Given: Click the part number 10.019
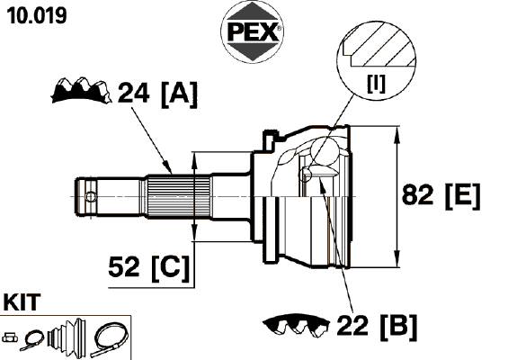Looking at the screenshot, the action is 37,15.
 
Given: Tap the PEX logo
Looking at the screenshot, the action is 252,32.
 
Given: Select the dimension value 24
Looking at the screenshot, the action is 133,93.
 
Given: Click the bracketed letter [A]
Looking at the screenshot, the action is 179,94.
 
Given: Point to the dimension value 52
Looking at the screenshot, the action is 124,266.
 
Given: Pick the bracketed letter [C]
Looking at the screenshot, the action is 170,268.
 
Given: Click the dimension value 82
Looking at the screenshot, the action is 417,195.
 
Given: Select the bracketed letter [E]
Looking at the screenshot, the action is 463,196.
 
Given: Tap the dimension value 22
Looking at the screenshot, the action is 352,325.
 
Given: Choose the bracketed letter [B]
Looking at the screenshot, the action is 398,327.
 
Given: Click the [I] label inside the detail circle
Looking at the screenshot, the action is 376,83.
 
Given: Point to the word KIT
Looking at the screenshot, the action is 22,301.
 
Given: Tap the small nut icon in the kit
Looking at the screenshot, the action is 10,337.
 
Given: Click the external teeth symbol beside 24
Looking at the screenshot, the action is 81,90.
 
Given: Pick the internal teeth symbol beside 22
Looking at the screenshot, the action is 296,324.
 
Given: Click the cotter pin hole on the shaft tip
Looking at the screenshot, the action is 91,196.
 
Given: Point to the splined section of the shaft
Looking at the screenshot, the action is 179,196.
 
